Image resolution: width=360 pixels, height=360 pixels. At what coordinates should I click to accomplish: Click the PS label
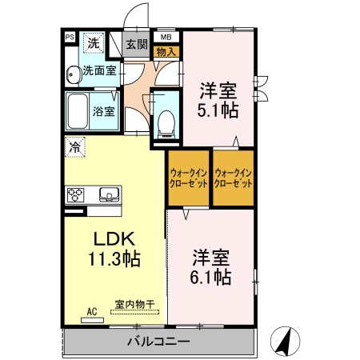click(x=70, y=37)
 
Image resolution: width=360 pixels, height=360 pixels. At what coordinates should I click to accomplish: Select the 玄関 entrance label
click(x=136, y=45)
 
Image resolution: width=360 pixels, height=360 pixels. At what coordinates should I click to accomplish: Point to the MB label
click(x=166, y=37)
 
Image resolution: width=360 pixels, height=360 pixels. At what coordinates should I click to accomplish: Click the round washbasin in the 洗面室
click(x=74, y=73)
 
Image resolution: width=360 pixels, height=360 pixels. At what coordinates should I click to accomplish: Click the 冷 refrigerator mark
click(x=74, y=146)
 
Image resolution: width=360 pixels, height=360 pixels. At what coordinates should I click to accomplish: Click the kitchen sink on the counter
click(x=108, y=194)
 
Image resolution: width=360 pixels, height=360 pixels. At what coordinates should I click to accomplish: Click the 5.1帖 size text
click(x=217, y=110)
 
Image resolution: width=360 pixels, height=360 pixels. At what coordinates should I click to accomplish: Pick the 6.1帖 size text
click(x=212, y=277)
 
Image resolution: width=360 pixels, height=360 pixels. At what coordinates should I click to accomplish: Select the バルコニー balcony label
click(x=157, y=342)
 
